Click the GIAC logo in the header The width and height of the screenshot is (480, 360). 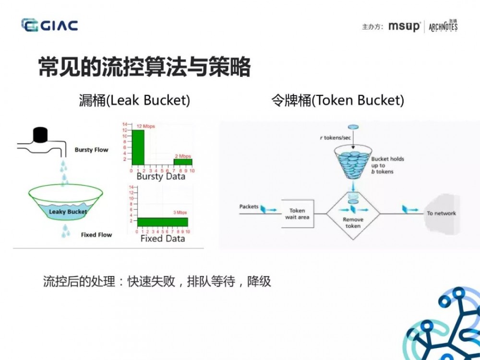click(49, 25)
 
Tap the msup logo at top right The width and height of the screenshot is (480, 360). click(404, 26)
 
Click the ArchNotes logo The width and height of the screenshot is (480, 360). click(443, 26)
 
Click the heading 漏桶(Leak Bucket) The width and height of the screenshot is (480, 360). click(135, 100)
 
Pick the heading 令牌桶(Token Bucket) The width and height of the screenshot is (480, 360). click(337, 100)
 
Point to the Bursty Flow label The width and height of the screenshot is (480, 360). click(91, 150)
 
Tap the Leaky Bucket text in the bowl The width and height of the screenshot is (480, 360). click(68, 212)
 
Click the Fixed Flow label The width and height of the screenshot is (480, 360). click(96, 235)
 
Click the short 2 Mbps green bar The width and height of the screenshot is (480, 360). click(183, 162)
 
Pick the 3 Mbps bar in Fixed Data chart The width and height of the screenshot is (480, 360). click(162, 222)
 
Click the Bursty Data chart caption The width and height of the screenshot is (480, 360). click(161, 177)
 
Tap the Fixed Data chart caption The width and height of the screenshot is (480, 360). click(162, 239)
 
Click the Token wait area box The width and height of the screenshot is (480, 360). click(297, 214)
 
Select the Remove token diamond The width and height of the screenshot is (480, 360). click(353, 214)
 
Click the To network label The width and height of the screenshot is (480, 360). click(441, 213)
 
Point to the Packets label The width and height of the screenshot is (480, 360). click(249, 207)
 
